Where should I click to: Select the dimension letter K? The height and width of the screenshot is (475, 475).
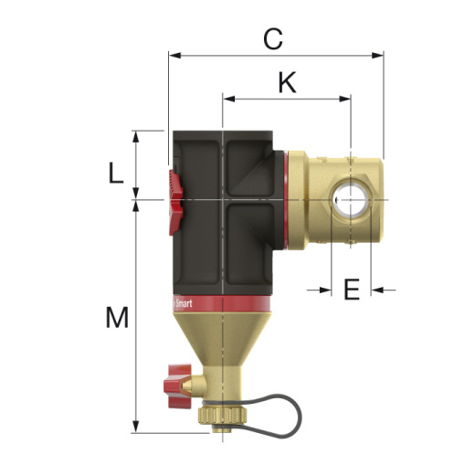pyautogui.click(x=287, y=83)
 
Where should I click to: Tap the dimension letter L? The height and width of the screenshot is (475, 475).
pyautogui.click(x=115, y=173)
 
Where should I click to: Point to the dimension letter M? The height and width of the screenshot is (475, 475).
pyautogui.click(x=116, y=318)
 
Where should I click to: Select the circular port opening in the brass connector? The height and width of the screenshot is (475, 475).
pyautogui.click(x=349, y=198)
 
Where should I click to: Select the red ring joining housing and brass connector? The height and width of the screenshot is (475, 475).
pyautogui.click(x=289, y=198)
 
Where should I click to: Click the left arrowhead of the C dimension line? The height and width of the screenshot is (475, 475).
pyautogui.click(x=174, y=54)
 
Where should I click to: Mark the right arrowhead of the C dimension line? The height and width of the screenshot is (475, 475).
pyautogui.click(x=377, y=54)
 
